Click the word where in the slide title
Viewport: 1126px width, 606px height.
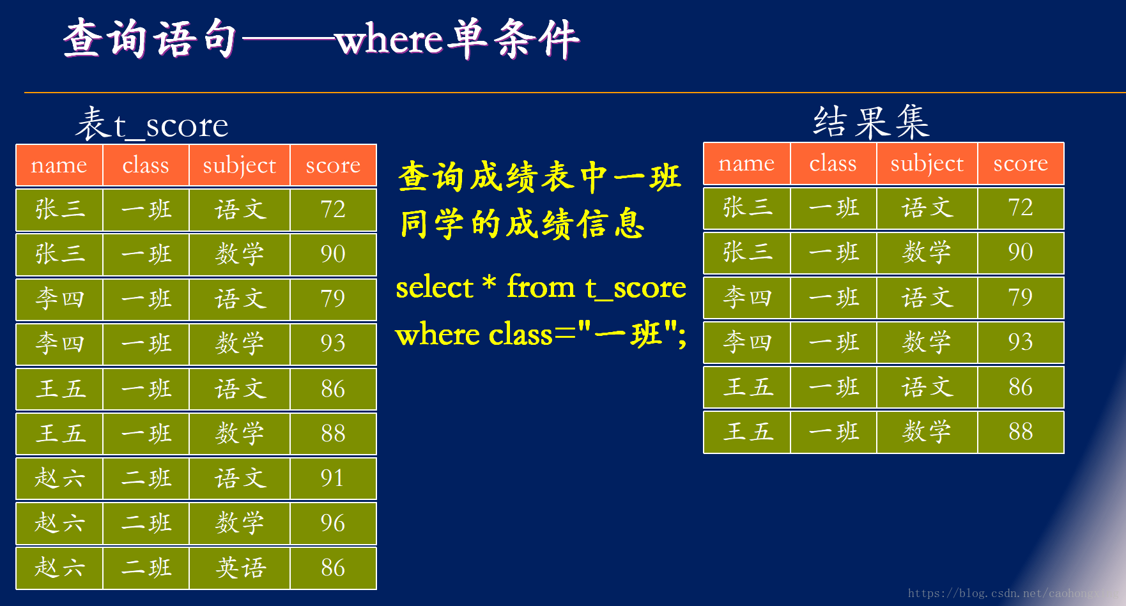[389, 40]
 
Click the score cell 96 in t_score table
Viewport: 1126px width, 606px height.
[333, 523]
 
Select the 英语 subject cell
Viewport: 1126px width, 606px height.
[240, 568]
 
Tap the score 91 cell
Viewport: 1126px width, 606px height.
[333, 478]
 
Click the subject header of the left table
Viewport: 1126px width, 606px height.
[240, 165]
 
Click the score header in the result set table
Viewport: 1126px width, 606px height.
[1021, 163]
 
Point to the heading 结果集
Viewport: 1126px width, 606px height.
[871, 122]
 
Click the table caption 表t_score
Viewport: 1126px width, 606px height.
[152, 125]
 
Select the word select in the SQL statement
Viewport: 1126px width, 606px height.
[434, 287]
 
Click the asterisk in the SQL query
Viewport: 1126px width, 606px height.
[490, 283]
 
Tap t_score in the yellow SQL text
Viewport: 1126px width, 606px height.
[636, 287]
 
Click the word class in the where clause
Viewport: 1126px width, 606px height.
[520, 334]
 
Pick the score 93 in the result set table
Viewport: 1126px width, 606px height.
[1021, 342]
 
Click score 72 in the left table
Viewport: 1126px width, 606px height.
[333, 209]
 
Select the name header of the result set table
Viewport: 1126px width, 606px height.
[746, 163]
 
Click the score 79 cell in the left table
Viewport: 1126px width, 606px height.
[333, 299]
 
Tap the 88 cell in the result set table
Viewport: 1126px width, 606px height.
[1021, 432]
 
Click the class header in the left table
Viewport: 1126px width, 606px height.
[146, 165]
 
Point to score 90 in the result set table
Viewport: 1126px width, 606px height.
[1021, 252]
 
